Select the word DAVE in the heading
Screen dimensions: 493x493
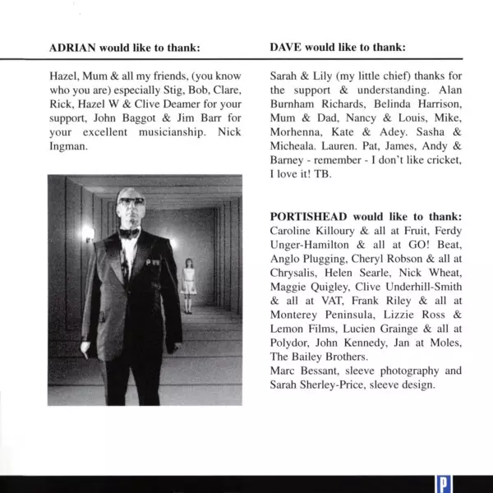tap(286, 47)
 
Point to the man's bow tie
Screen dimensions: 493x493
tap(129, 233)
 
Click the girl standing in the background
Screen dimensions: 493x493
tap(188, 283)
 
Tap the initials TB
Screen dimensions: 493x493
tap(326, 175)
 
